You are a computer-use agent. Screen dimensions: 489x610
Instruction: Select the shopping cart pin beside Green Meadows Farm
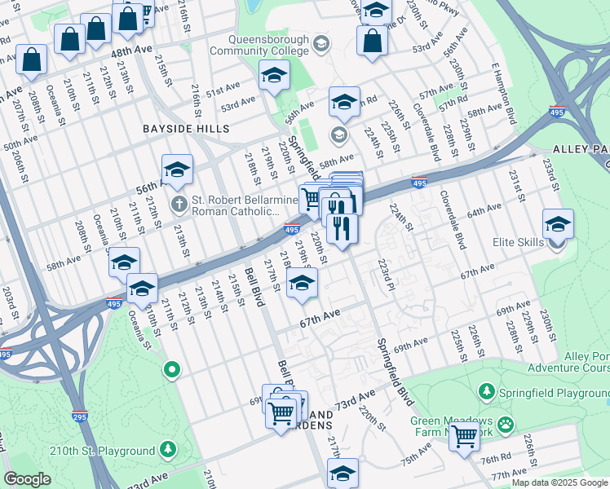tap(465, 437)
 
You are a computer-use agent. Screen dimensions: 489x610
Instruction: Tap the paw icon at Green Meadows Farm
tap(506, 423)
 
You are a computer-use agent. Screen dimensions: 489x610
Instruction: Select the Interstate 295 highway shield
tap(79, 416)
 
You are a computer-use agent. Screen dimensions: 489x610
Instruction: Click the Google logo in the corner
tap(27, 479)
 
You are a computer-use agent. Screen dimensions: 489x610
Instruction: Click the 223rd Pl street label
tap(386, 275)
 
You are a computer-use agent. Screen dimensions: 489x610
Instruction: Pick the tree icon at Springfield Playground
tap(486, 392)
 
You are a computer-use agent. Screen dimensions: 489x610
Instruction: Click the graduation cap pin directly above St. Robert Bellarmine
tap(177, 170)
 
